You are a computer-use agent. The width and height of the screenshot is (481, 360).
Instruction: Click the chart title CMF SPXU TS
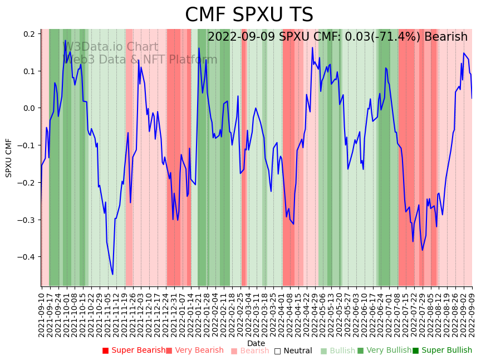coord(249,15)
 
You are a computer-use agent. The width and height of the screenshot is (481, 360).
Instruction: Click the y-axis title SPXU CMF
coord(9,158)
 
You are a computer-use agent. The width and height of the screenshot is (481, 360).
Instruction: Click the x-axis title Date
coord(256,343)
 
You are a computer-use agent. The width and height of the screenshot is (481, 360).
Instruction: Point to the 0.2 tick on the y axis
coord(28,34)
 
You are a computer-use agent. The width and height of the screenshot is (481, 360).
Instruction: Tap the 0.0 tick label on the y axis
coord(28,108)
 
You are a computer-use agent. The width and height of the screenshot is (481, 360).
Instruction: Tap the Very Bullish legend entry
coord(385,351)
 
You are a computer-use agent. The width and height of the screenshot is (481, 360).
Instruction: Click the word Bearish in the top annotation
coord(446,37)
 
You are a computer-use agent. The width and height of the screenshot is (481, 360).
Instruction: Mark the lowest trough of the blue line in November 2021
coord(112,274)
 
